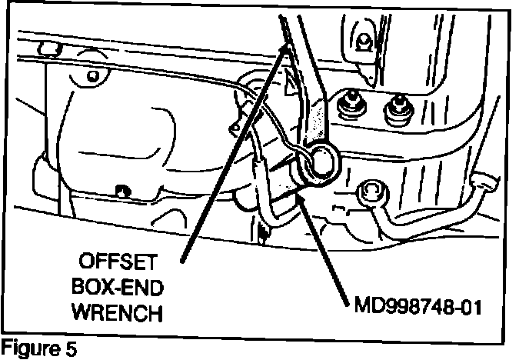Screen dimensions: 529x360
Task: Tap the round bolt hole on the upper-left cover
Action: (x=95, y=76)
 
